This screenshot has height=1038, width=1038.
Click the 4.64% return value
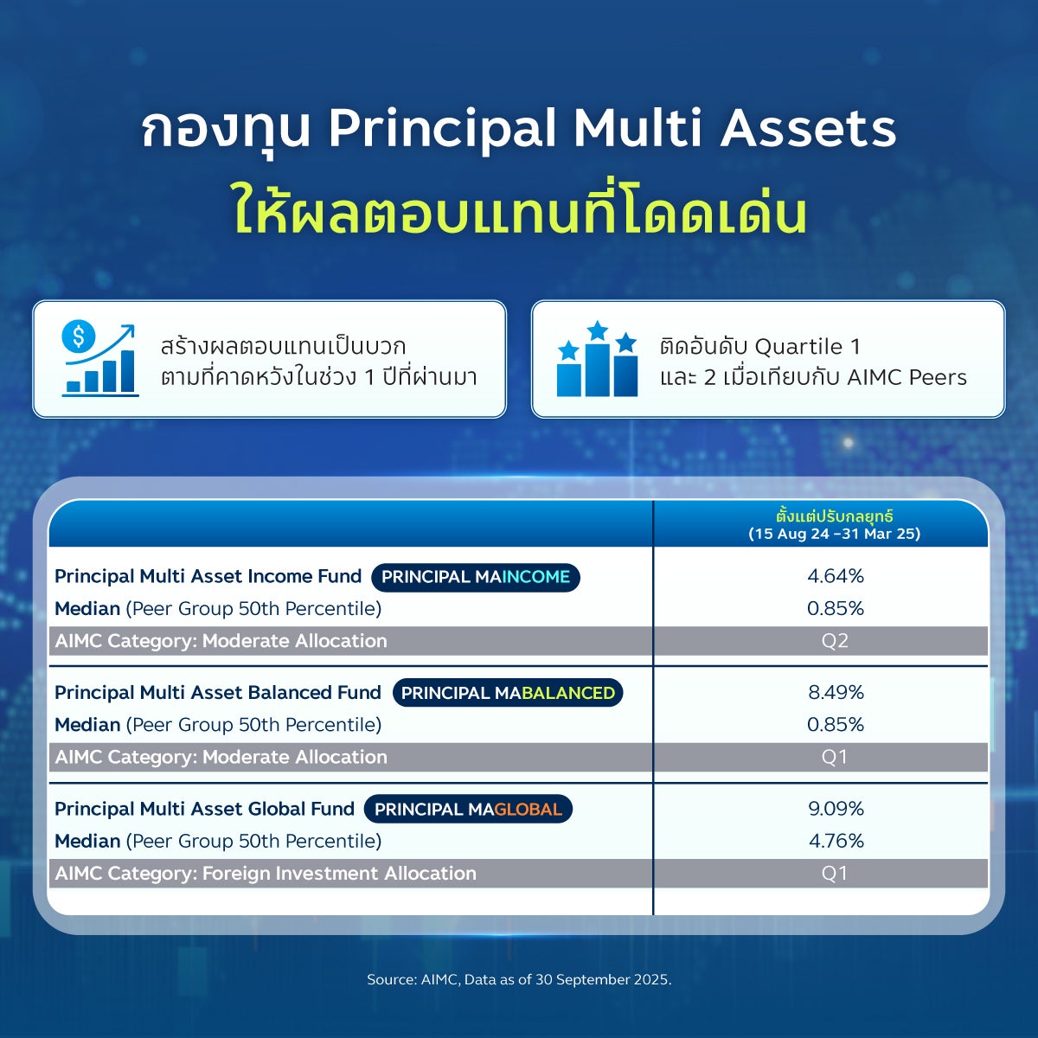coord(836,576)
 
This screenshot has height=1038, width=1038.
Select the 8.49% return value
coord(836,692)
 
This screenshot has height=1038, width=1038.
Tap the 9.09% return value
coord(836,809)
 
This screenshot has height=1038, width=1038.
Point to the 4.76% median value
coord(836,841)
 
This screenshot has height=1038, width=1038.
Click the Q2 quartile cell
coord(835,641)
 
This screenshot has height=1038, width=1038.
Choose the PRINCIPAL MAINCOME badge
coord(476,577)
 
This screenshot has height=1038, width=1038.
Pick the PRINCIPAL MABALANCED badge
coord(508,693)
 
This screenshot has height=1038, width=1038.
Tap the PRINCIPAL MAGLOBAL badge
coord(468,809)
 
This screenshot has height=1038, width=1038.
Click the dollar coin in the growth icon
coord(79,336)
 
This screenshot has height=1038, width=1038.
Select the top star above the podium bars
coord(598,330)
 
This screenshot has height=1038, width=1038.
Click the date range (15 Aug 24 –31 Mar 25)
coord(835,534)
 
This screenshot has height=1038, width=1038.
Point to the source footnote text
coord(519,979)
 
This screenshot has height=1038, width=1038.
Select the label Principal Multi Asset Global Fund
coord(205,809)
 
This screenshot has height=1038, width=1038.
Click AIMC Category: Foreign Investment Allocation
coord(266,873)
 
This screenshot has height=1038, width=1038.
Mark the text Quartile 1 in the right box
coord(807,347)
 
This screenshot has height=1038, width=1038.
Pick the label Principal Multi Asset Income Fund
coord(208,576)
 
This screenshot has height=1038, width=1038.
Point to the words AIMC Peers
coord(907,378)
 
